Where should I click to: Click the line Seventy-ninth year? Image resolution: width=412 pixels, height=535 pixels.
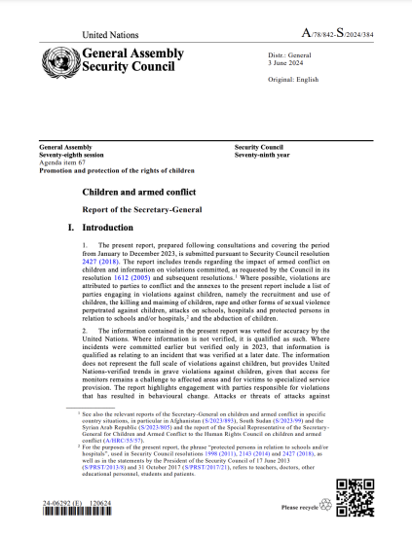[266, 155]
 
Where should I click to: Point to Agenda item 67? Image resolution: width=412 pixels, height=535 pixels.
[61, 162]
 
